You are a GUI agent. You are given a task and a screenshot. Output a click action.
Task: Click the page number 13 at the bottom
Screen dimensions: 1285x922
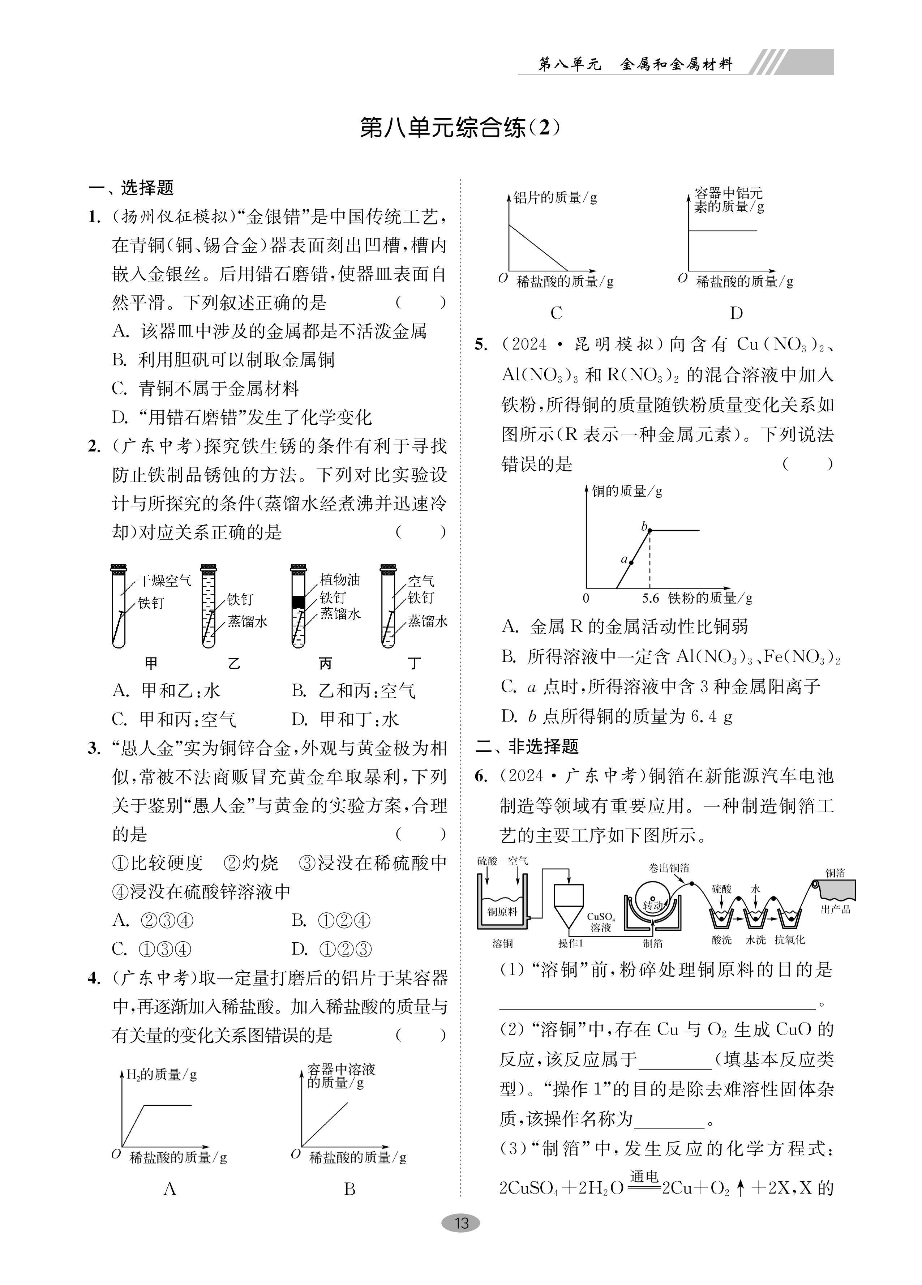click(x=461, y=1223)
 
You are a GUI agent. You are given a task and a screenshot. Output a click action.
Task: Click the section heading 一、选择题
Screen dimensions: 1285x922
click(x=131, y=188)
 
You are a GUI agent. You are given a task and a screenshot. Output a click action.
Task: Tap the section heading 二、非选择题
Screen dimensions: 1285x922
click(x=527, y=746)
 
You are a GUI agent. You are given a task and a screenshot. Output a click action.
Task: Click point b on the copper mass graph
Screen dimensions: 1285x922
click(x=649, y=530)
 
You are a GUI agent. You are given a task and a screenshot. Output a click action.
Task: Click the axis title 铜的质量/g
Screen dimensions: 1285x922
click(x=627, y=491)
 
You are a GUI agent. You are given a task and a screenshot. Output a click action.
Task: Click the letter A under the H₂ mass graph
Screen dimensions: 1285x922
click(x=170, y=1189)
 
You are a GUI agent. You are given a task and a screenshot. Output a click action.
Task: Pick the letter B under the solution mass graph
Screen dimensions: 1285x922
click(x=349, y=1189)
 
